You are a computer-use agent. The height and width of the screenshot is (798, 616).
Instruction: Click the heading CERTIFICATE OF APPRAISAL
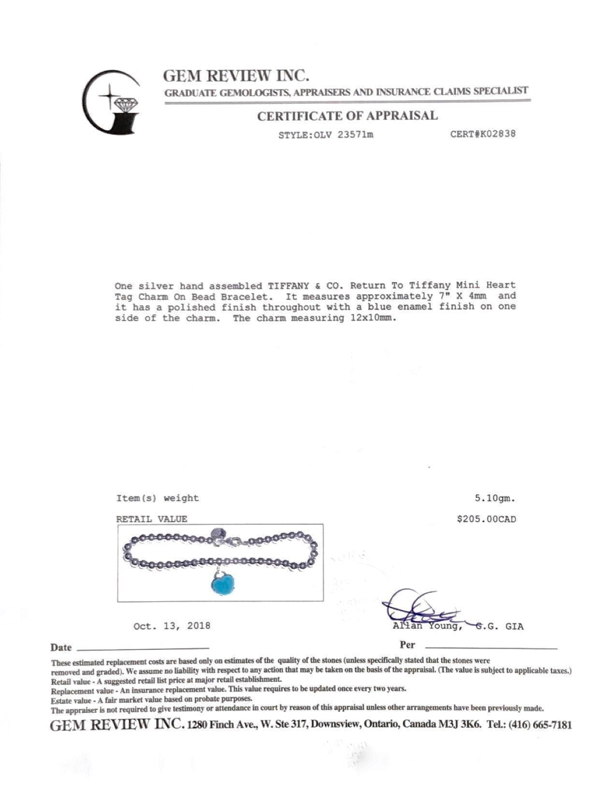(347, 116)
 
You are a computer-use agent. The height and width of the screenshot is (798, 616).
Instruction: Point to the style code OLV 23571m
(344, 135)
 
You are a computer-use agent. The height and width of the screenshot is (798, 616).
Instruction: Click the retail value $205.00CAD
(486, 519)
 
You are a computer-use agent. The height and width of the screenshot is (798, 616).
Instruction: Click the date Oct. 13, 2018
(172, 626)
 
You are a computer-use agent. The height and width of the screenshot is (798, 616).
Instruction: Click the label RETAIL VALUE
(151, 519)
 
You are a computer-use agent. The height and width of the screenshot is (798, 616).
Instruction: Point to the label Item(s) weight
(158, 498)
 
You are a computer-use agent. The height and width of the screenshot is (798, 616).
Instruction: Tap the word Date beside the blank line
(61, 648)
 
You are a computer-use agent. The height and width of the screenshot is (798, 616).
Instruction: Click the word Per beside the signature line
(407, 645)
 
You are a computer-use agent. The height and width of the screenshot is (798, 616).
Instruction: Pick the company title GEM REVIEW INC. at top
(236, 76)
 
